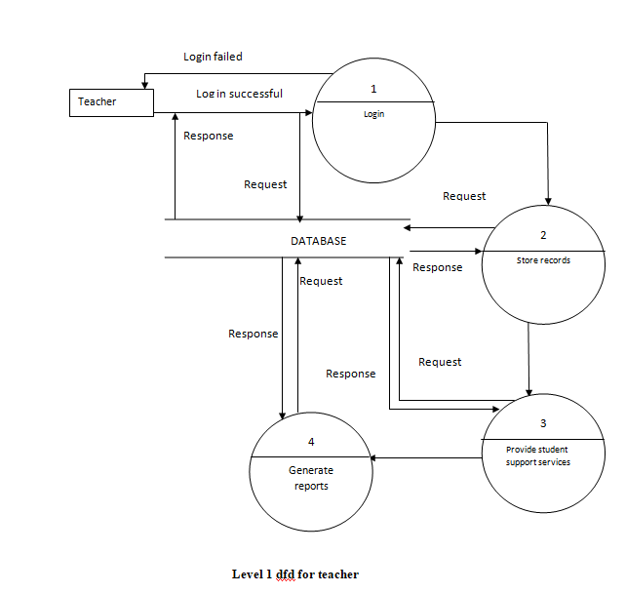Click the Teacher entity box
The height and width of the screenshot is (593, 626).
click(x=110, y=102)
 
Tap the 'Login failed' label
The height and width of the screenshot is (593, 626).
click(x=213, y=57)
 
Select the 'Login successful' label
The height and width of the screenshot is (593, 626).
click(x=239, y=94)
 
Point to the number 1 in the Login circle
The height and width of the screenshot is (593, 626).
click(x=373, y=89)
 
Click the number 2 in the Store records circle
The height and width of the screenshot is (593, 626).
click(x=543, y=236)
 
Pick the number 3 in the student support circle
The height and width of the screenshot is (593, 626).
click(x=543, y=424)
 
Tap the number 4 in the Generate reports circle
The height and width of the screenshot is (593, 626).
click(x=311, y=442)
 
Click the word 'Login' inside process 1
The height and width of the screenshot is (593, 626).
click(x=373, y=114)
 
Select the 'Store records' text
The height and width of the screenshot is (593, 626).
click(x=543, y=260)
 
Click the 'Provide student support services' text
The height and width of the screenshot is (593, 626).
click(x=537, y=455)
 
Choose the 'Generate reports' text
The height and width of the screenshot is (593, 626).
click(x=311, y=478)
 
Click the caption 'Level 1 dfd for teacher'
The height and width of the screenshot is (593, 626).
click(x=294, y=573)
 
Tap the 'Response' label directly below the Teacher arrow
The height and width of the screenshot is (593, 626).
click(x=209, y=136)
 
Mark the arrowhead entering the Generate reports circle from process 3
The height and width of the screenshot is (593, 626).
click(x=371, y=457)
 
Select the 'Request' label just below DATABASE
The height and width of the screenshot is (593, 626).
click(x=321, y=281)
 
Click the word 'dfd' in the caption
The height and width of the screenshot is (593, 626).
click(x=285, y=573)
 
